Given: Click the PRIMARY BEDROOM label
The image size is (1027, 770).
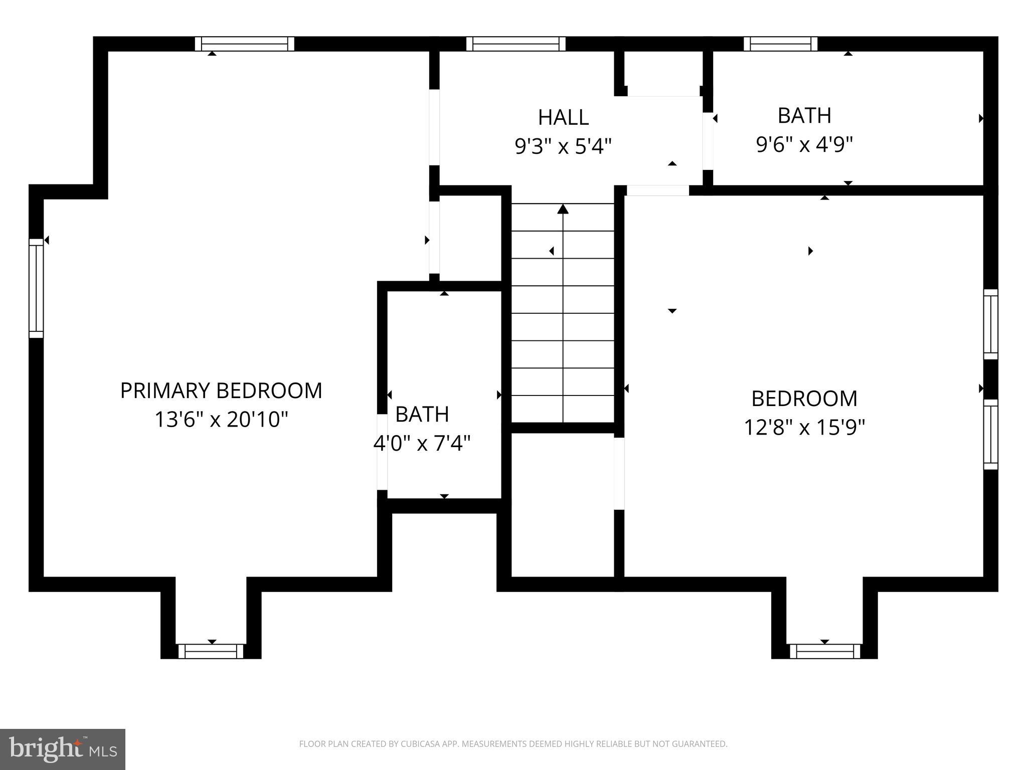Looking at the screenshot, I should (221, 391).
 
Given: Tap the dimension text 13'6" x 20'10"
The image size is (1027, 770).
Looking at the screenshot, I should (221, 420).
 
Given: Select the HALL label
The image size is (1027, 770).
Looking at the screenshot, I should (563, 118).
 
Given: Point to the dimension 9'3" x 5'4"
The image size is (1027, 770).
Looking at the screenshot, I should (563, 147).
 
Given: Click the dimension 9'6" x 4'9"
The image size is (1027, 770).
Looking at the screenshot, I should (804, 145).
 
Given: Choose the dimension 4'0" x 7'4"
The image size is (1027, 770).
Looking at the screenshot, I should (422, 443).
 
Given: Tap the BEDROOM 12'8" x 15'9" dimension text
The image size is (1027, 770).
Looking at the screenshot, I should (804, 428).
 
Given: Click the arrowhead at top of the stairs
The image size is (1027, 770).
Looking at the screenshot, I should (563, 209).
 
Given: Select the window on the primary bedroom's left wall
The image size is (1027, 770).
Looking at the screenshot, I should (36, 288).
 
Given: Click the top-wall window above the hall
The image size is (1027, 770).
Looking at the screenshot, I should (516, 44).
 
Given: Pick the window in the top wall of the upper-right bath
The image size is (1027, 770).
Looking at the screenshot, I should (780, 44).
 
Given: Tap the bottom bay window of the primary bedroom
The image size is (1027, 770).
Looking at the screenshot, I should (211, 651).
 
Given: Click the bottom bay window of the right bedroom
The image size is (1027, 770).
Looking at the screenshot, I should (825, 651).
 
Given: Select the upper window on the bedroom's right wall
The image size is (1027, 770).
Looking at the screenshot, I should (990, 324).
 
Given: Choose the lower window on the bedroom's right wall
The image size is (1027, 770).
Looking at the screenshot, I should (990, 434).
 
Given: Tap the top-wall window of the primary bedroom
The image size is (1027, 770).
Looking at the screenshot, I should (244, 44).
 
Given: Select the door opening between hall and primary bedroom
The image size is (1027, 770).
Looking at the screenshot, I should (434, 127).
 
